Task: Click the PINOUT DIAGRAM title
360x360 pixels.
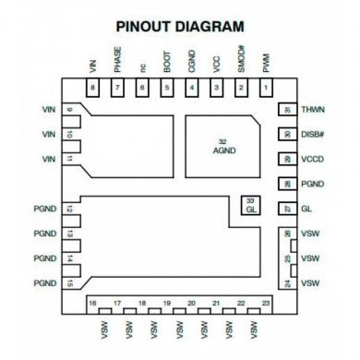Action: coord(180,26)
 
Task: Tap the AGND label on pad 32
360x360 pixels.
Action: coord(224,150)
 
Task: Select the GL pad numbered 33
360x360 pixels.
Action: coord(249,206)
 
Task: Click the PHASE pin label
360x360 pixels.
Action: coord(117,61)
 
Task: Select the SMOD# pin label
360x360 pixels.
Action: coord(241,61)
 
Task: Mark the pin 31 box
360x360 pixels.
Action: coord(287,110)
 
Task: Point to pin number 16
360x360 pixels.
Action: coord(92,304)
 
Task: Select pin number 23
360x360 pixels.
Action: coord(266,304)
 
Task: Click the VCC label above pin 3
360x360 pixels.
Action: coord(216,64)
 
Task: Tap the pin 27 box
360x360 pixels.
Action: coord(287,210)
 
